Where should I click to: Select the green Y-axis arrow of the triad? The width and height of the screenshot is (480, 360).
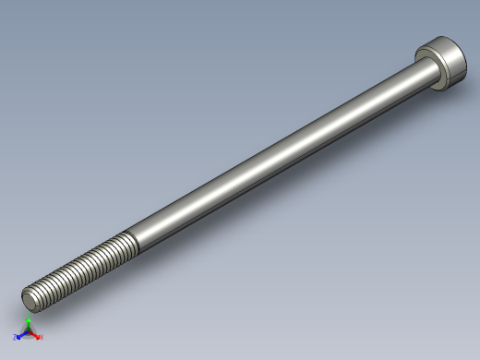coord(29,324)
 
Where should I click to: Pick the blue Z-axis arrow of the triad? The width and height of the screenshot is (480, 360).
coord(20,336)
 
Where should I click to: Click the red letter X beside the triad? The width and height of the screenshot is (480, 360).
coord(42,338)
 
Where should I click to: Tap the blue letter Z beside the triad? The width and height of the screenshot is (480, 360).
coord(15,338)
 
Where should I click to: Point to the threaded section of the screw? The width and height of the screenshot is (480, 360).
coord(83,268)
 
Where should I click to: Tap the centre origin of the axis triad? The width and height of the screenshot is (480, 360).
coord(29,333)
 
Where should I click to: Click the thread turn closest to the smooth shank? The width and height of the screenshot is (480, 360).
coord(130,245)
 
